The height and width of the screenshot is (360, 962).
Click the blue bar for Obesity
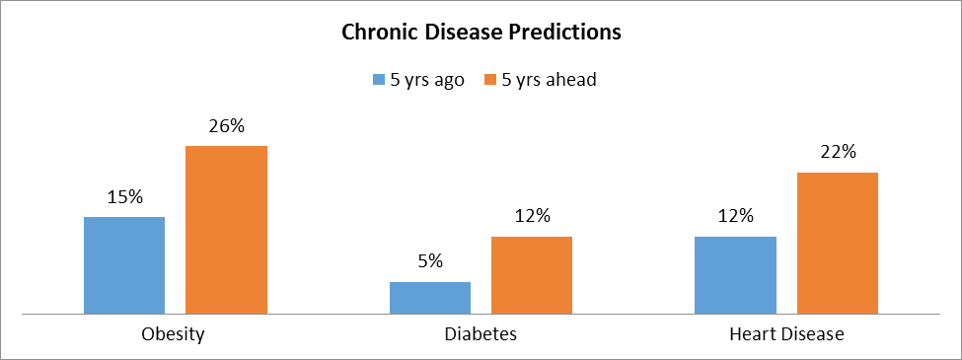coord(124,265)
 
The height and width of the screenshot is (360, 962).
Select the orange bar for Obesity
coord(226,230)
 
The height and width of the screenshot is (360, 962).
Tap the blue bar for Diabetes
coord(430,298)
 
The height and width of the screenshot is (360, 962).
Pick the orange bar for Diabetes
coord(531,275)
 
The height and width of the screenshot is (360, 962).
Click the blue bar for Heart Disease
coord(736,275)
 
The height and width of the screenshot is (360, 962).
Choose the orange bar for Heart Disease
coord(838,244)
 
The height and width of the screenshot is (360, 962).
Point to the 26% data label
coord(226,127)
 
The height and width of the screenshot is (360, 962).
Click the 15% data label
coord(124,197)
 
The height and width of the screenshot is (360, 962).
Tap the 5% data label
coord(430,261)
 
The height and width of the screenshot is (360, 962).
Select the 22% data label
coord(838,152)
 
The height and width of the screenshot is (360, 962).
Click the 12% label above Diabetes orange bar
coord(532,216)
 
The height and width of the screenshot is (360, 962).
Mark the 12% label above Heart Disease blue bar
coord(736,216)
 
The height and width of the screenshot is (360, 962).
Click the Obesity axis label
coord(173,335)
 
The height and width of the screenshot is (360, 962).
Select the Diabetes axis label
coord(481,335)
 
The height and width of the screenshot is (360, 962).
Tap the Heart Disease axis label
coord(786,335)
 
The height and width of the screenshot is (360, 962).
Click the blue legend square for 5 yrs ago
coord(379,80)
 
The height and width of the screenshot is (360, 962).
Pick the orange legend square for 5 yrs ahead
coord(490,80)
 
